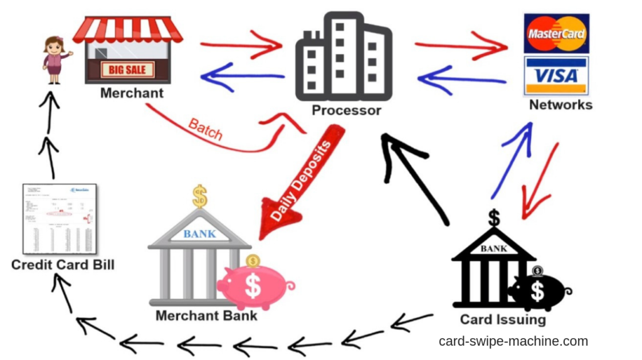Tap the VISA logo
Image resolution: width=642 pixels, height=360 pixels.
pyautogui.click(x=556, y=75)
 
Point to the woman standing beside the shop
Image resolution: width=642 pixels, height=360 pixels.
pyautogui.click(x=55, y=60)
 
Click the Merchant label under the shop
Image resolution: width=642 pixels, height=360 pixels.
pyautogui.click(x=132, y=93)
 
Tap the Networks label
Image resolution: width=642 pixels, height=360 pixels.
pyautogui.click(x=560, y=105)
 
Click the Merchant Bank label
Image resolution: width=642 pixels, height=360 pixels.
pyautogui.click(x=206, y=315)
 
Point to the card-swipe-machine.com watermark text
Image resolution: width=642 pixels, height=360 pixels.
pyautogui.click(x=513, y=341)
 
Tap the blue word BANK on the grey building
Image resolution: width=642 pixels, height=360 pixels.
pyautogui.click(x=199, y=234)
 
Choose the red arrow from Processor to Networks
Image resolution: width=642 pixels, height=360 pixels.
pyautogui.click(x=460, y=45)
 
